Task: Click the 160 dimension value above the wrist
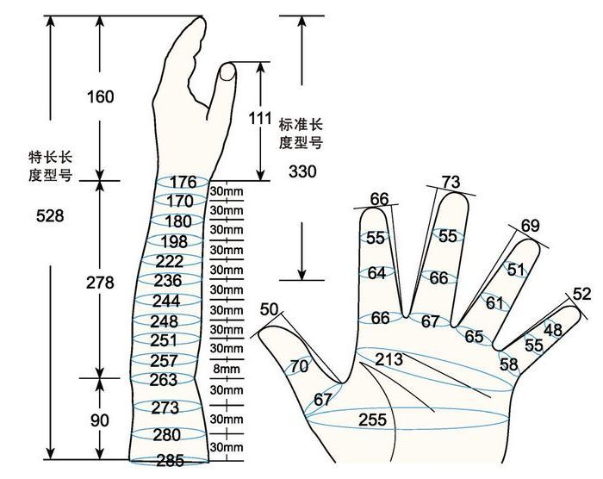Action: [x=101, y=96]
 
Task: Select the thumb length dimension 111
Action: [x=260, y=119]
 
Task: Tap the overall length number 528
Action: [x=50, y=216]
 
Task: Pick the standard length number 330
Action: [x=302, y=171]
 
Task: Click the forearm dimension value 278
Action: [x=100, y=283]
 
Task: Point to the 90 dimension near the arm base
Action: [x=100, y=420]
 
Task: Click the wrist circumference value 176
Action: [x=183, y=182]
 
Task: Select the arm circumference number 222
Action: [x=169, y=262]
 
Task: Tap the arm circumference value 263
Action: [x=164, y=380]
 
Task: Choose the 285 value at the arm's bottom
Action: [x=171, y=460]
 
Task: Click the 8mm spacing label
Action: [x=227, y=370]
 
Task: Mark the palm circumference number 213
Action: [x=389, y=359]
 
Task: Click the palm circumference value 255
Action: [x=372, y=420]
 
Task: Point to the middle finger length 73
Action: [x=451, y=182]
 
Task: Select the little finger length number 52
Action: [x=581, y=294]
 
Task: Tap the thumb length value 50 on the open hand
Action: [x=269, y=309]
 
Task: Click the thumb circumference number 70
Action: [x=299, y=366]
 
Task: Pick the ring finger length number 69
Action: [x=531, y=226]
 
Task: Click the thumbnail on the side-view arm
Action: [x=227, y=72]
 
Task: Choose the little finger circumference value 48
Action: [x=553, y=329]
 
